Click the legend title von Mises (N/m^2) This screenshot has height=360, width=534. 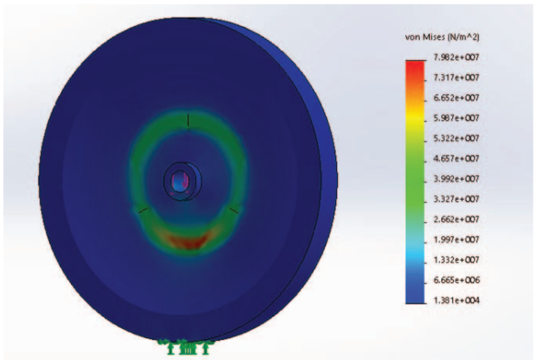(442, 37)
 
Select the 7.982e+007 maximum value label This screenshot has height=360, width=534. (456, 57)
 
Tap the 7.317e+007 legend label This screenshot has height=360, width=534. (456, 78)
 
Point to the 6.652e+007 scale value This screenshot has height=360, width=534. (456, 98)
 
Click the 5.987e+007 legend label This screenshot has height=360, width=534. (456, 118)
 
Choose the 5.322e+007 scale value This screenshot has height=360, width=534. (456, 139)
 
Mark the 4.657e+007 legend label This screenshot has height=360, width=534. (456, 159)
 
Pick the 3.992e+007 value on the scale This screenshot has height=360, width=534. (456, 179)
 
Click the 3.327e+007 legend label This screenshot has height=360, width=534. (456, 199)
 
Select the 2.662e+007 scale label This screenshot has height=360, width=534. (456, 219)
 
